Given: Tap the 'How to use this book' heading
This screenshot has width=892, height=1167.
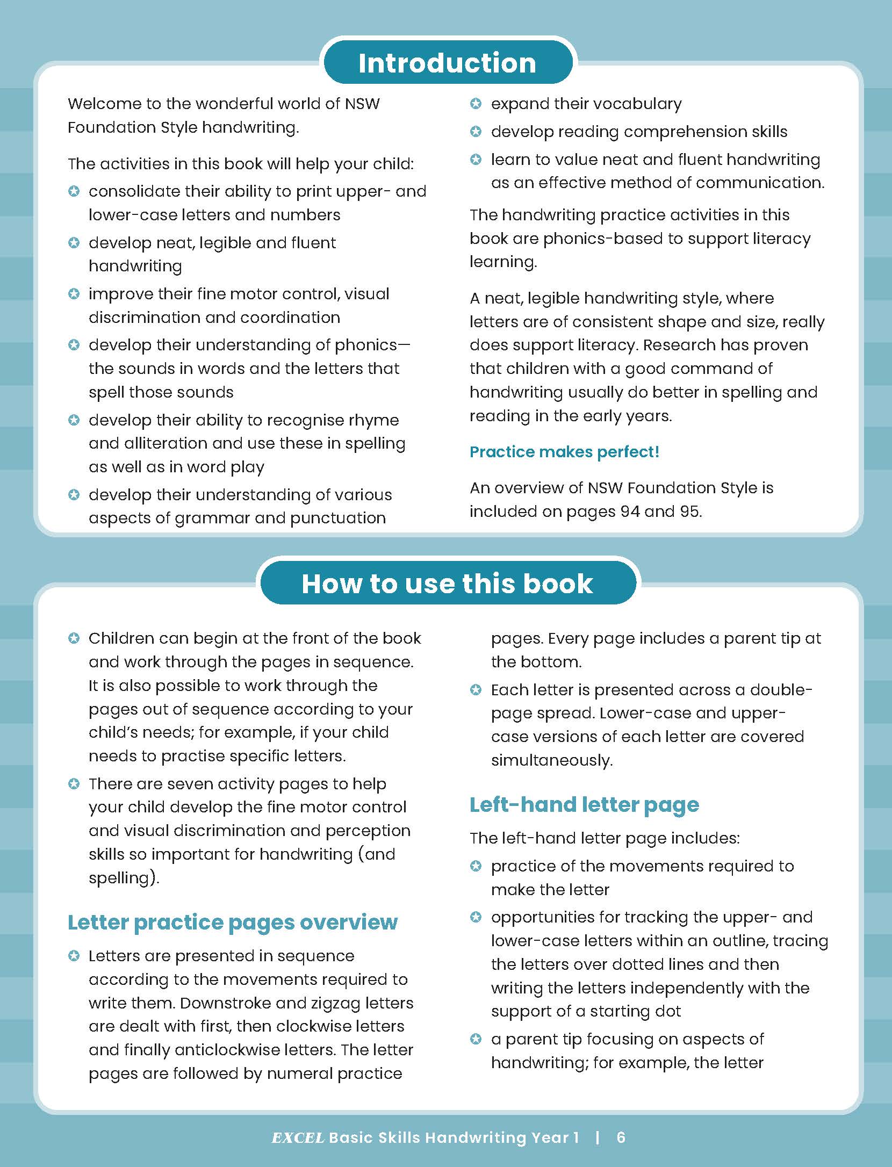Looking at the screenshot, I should (447, 583).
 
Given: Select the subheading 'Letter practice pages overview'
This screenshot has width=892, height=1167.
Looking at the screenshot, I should (232, 922).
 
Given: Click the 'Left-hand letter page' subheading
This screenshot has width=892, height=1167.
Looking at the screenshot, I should (584, 804).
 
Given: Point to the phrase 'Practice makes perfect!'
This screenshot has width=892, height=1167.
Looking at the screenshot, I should (564, 452).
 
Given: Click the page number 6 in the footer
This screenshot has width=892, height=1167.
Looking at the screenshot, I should (621, 1137).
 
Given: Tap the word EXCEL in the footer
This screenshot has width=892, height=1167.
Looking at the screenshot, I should (298, 1137).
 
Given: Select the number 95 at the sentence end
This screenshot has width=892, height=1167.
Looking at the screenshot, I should (690, 511).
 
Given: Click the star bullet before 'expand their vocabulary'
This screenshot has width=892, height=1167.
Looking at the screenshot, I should (476, 104).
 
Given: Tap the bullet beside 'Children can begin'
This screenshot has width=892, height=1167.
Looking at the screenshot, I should (74, 638).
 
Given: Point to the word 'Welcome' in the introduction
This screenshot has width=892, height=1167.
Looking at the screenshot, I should (99, 104).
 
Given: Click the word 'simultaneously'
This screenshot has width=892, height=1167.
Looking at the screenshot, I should (552, 760).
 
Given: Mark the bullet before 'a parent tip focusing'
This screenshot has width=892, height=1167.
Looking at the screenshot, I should (476, 1039).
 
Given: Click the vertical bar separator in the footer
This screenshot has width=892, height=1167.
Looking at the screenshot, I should (598, 1137).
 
